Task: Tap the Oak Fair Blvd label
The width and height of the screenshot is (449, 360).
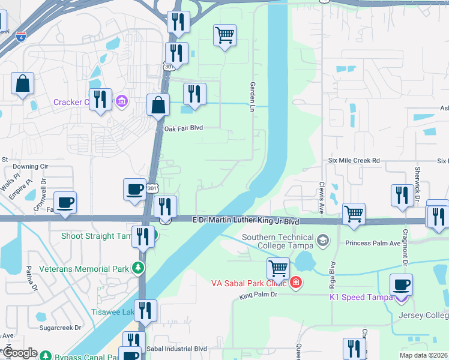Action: click(x=184, y=128)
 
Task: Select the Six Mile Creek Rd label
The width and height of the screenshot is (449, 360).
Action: click(x=354, y=161)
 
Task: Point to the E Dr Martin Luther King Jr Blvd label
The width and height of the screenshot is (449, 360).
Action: click(x=246, y=221)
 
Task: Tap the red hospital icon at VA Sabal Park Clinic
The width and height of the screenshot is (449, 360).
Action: click(x=295, y=282)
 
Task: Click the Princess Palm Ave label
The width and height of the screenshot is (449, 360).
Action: click(x=373, y=243)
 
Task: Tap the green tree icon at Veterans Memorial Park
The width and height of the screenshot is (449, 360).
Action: click(x=139, y=268)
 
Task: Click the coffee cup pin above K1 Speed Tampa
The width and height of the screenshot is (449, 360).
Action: click(x=401, y=284)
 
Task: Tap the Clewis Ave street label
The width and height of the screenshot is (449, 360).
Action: click(x=322, y=191)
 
